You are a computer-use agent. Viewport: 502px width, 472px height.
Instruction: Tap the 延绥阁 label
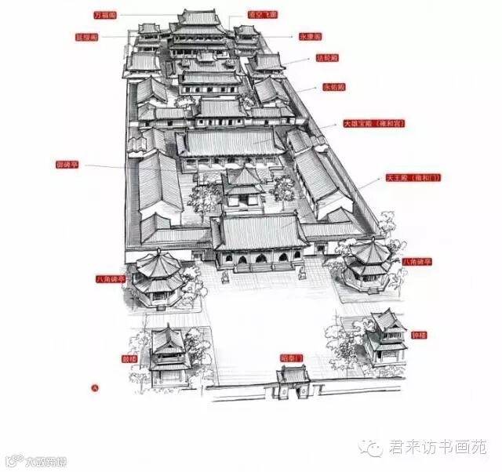[86, 37]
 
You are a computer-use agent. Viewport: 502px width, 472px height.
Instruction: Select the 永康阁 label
[311, 37]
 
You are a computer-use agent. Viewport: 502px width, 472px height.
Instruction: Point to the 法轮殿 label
[328, 58]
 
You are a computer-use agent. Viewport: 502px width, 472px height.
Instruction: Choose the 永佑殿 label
[333, 87]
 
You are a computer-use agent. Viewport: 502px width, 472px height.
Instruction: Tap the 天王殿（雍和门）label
[412, 178]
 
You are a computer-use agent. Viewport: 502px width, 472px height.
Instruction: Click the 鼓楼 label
[129, 358]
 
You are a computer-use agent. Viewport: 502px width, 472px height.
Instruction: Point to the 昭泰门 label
[291, 358]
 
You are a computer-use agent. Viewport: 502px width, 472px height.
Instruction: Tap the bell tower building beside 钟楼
[385, 336]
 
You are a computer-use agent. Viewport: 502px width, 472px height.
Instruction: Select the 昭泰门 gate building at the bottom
[293, 381]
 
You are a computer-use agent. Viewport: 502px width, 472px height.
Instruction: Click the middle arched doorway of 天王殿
[260, 258]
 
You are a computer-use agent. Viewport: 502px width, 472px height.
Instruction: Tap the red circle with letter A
[96, 387]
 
